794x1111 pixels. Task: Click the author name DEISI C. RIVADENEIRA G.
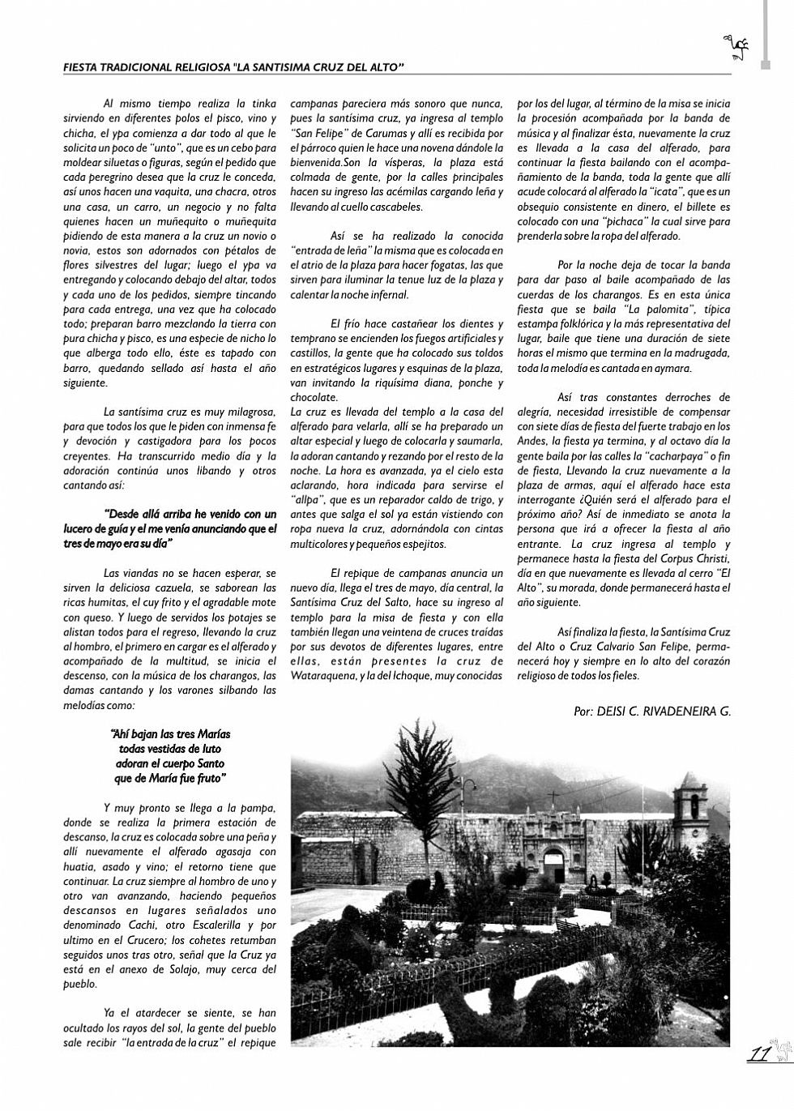coord(663,711)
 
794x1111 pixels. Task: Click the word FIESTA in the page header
coord(83,68)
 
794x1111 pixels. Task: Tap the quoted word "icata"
coord(658,192)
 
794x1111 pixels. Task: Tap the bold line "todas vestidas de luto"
coord(170,749)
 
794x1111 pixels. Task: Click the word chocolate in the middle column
coord(314,397)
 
